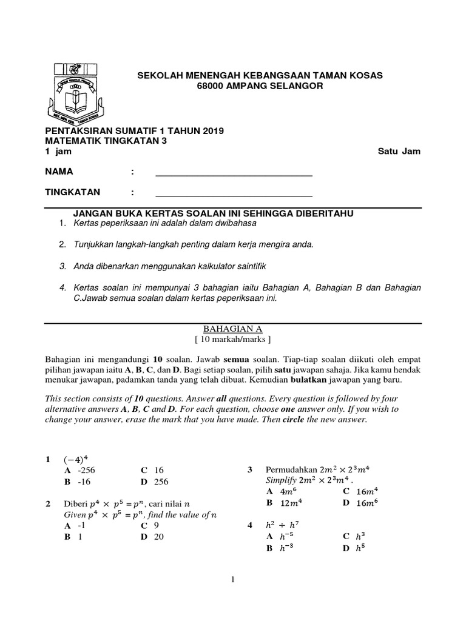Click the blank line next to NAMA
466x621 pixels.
(234, 175)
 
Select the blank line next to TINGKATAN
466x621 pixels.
(234, 196)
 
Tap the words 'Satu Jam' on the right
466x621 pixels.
(399, 152)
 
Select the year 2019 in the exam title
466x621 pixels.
(211, 130)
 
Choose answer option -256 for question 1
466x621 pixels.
(85, 470)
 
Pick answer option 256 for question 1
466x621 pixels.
(160, 482)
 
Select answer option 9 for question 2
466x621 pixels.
(156, 526)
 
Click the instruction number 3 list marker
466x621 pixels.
(62, 266)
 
